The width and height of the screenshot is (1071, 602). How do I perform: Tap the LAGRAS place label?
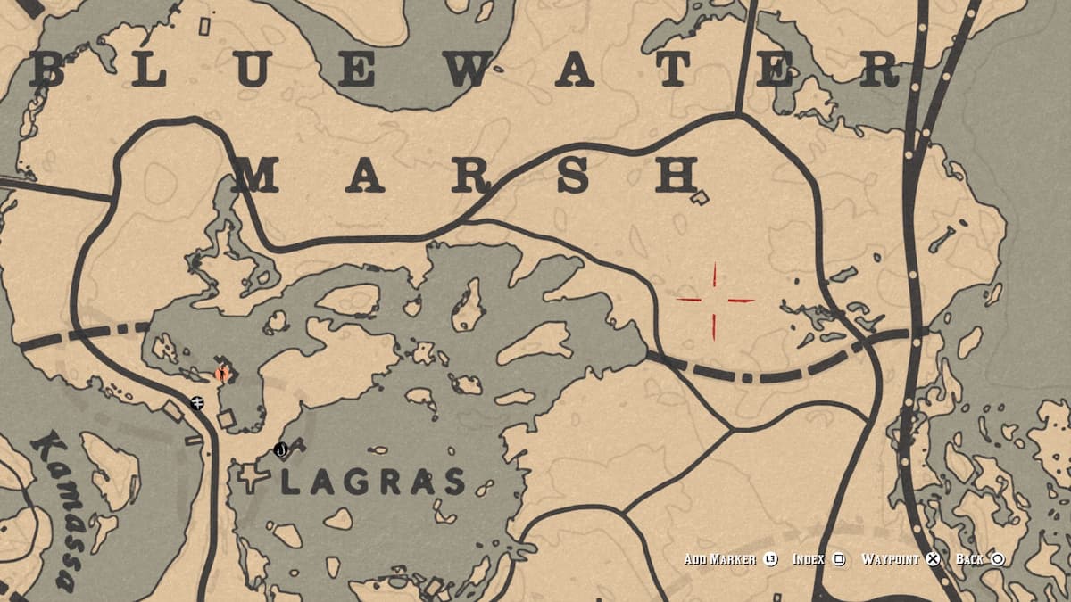373,482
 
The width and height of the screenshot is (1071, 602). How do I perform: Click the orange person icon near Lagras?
222,374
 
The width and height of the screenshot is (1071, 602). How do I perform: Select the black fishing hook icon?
281,449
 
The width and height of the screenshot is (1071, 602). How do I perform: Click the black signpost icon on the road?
197,403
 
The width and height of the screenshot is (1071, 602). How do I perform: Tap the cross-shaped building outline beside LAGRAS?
253,479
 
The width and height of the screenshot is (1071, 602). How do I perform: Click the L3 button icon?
771,559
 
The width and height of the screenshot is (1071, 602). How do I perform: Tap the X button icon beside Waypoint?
933,559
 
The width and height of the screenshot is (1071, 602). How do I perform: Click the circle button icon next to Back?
998,559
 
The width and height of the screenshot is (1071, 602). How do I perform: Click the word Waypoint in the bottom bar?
890,559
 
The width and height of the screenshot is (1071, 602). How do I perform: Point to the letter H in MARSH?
676,176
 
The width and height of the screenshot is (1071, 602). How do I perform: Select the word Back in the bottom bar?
970,559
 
